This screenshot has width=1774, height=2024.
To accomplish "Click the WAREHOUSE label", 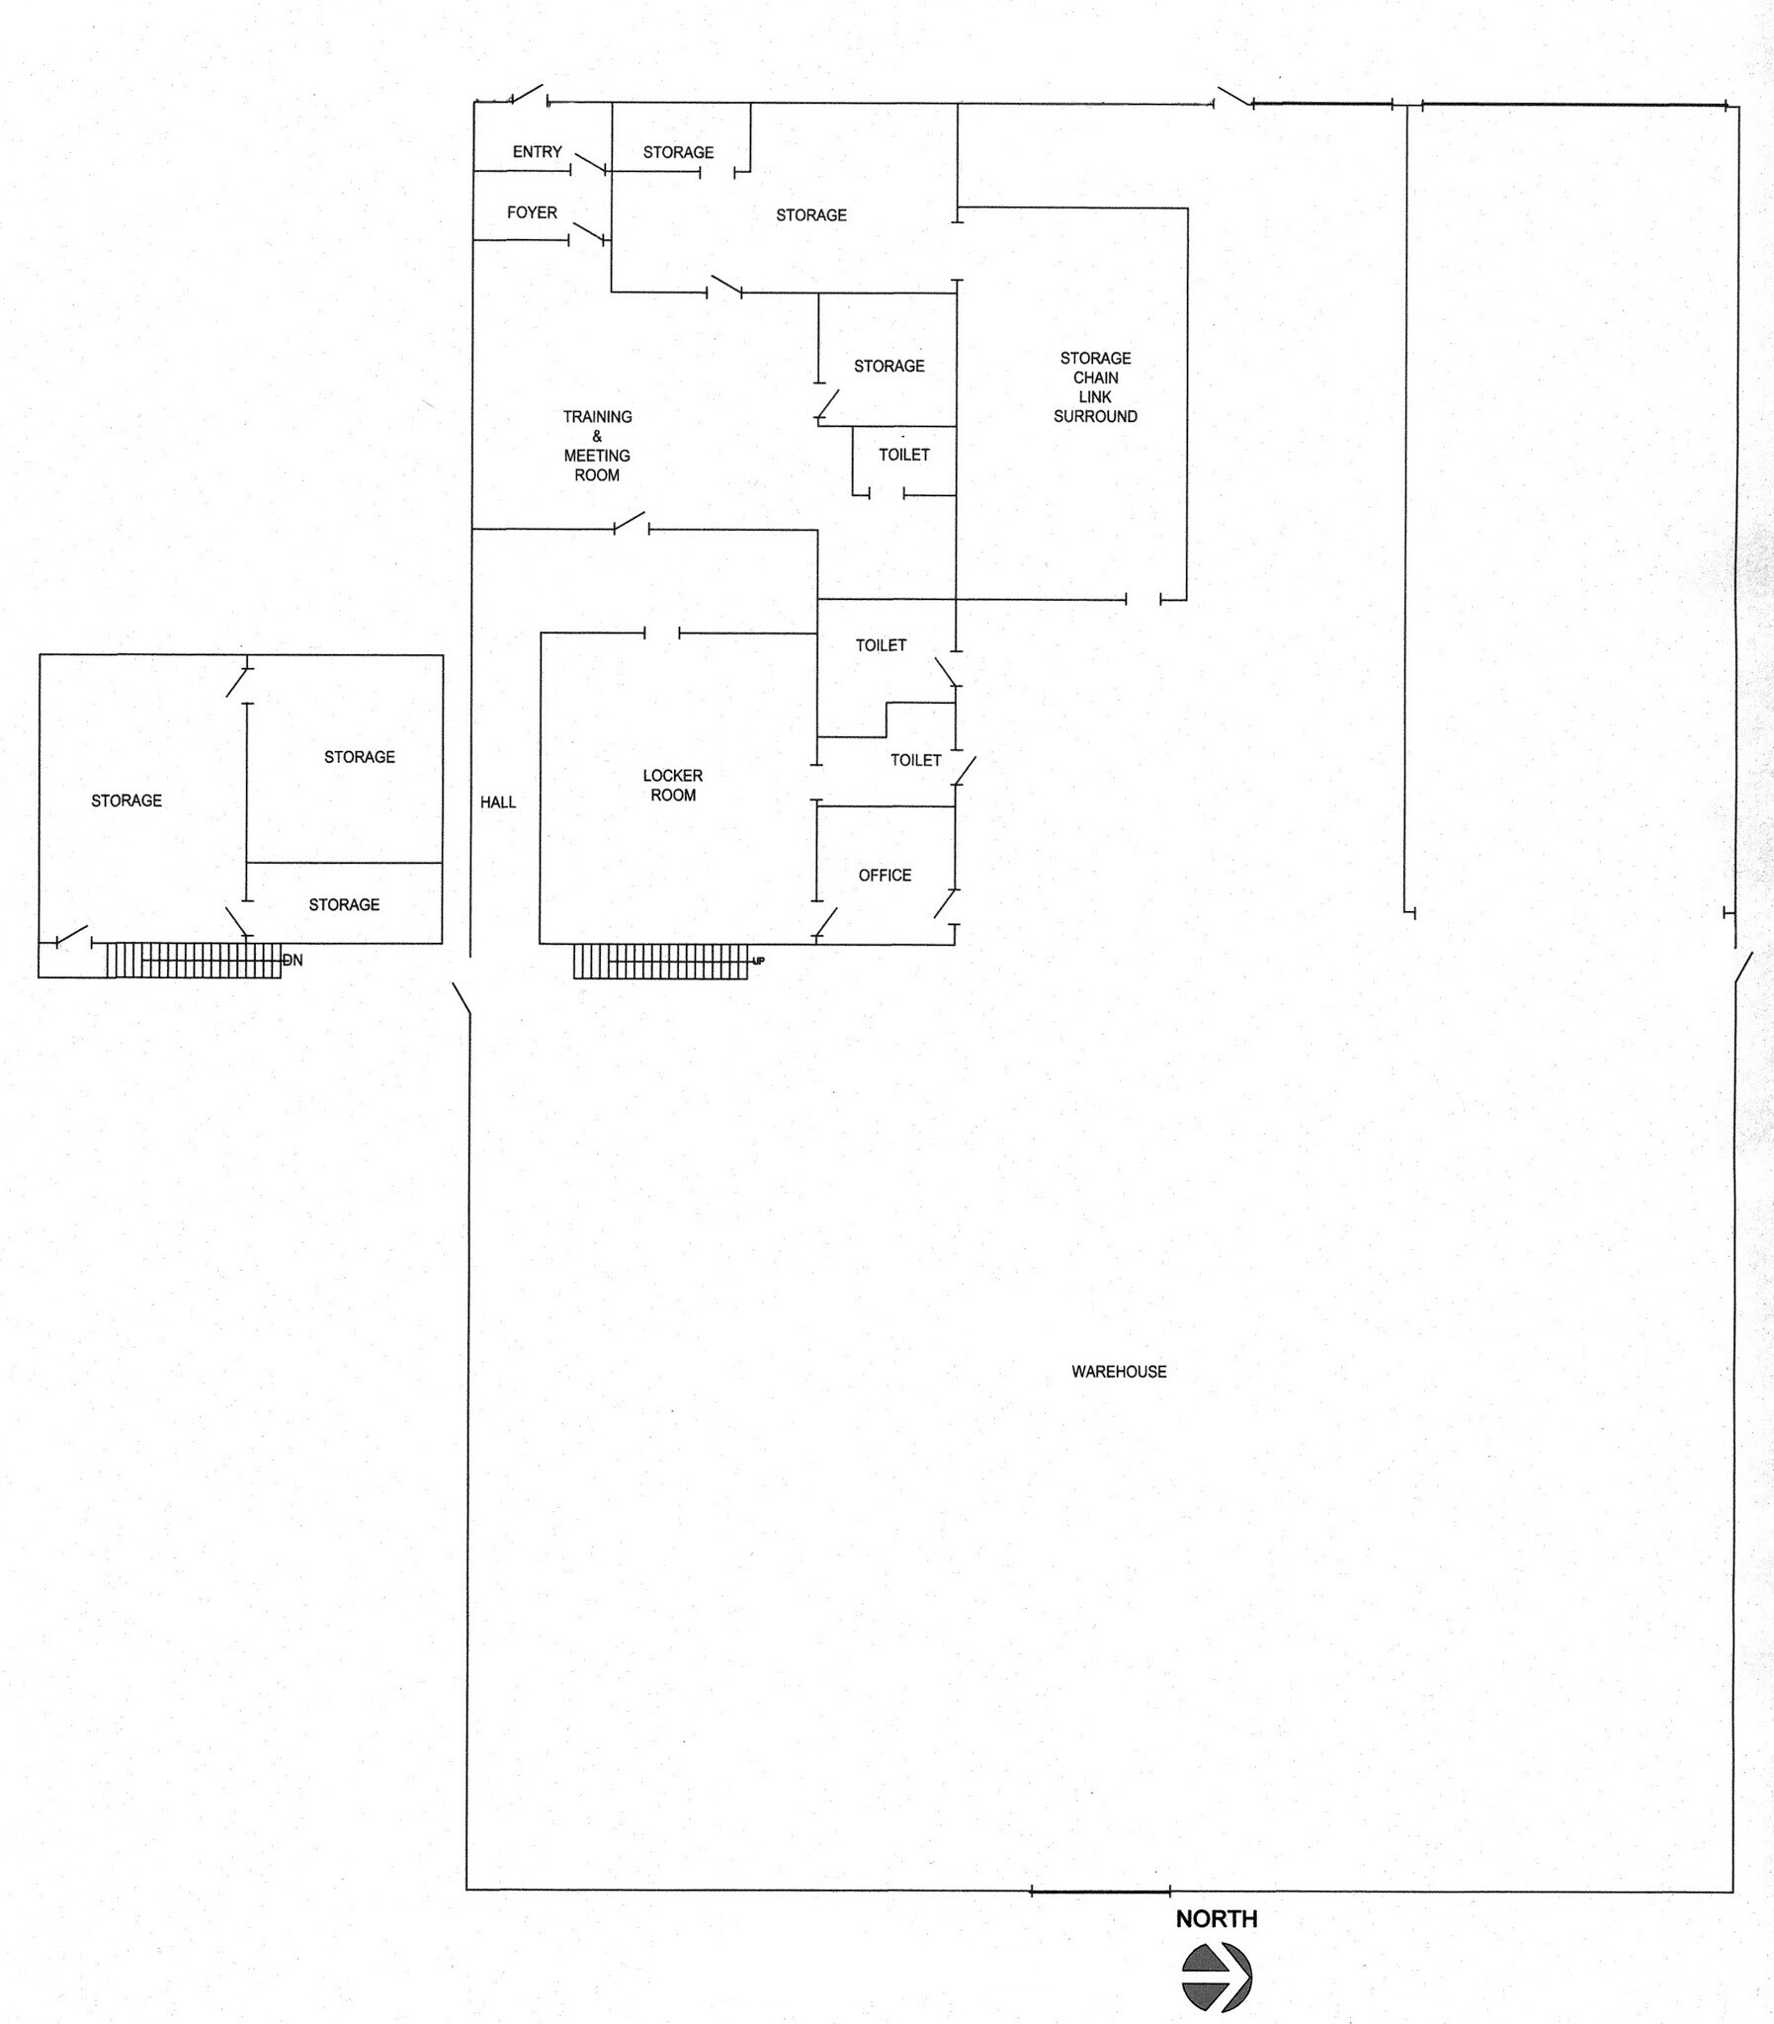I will point(1119,1371).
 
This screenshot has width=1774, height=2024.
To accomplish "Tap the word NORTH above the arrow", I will point(1216,1918).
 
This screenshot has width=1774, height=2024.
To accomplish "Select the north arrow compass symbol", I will point(1217,1977).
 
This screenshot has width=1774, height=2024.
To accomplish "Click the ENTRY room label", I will point(537,151).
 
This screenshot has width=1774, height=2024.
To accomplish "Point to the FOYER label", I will point(532,211).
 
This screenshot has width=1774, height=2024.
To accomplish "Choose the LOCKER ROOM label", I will point(672,785).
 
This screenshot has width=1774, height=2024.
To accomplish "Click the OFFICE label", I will point(884,875).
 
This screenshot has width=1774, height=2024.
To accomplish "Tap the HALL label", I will point(498,801).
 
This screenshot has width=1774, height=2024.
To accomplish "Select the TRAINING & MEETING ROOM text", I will point(597,446).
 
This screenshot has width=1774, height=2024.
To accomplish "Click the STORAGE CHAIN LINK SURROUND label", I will point(1095,387).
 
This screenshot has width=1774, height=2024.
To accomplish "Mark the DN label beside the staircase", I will point(293,960).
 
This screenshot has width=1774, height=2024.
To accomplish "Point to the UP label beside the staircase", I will point(758,960).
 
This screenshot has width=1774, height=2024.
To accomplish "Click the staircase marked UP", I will point(659,961).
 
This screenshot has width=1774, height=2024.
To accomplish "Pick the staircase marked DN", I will point(193,960).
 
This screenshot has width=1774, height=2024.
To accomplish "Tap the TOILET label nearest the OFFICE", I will point(915,759).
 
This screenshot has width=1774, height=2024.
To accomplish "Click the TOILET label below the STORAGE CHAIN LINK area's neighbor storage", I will point(904,455).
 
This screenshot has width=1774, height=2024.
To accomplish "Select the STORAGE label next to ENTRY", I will point(678,151).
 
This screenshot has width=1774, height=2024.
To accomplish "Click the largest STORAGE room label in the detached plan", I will point(126,800).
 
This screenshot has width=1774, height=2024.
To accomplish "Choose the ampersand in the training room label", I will point(597,436).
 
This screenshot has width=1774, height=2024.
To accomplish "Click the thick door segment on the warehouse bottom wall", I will point(1100,1892).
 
